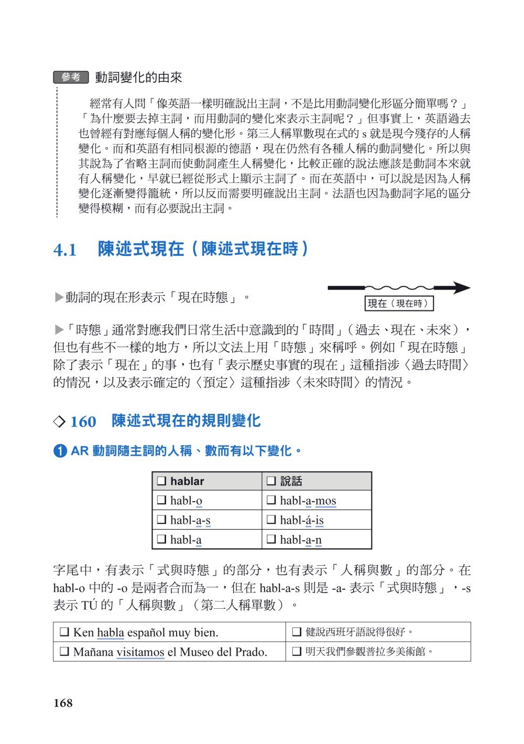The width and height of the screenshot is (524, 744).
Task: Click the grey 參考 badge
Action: pyautogui.click(x=71, y=77)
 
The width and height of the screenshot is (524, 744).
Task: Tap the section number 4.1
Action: pyautogui.click(x=65, y=250)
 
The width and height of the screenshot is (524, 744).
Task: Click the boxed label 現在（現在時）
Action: pyautogui.click(x=399, y=304)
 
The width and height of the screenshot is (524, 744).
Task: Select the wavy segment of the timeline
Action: pyautogui.click(x=399, y=287)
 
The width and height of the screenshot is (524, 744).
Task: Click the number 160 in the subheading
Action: pyautogui.click(x=83, y=422)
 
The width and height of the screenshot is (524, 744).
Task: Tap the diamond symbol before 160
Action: pyautogui.click(x=60, y=422)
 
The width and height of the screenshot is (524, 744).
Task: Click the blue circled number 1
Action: pyautogui.click(x=60, y=450)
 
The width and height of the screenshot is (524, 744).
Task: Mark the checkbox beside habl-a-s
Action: pyautogui.click(x=162, y=520)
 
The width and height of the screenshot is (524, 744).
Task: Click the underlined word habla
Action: pyautogui.click(x=110, y=632)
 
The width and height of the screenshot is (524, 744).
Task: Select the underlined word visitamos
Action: pyautogui.click(x=140, y=652)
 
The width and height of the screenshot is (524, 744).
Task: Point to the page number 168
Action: pyautogui.click(x=63, y=703)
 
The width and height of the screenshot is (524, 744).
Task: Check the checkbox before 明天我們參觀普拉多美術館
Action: pyautogui.click(x=296, y=652)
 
